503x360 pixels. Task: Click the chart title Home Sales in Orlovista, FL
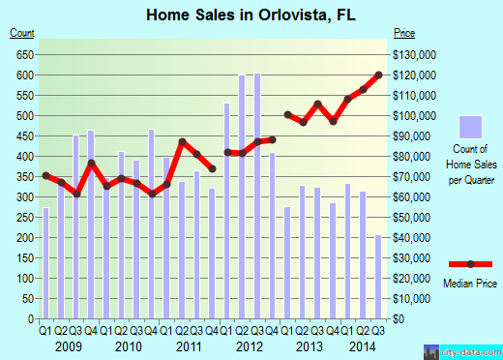(x=251, y=15)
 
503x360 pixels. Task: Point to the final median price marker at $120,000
(x=378, y=75)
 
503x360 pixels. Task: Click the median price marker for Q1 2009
(x=45, y=175)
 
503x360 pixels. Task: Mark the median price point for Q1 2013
(x=288, y=114)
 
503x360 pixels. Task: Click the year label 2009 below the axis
(x=68, y=345)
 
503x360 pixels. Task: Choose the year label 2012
(x=249, y=345)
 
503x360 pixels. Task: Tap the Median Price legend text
(x=470, y=284)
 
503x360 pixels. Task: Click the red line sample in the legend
(x=470, y=263)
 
